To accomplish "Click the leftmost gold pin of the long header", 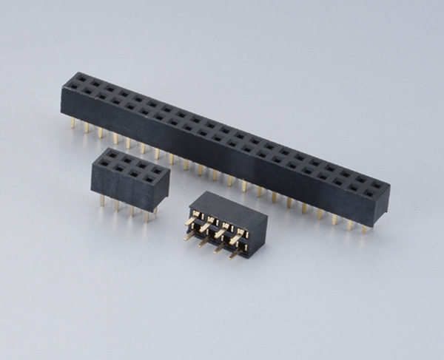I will click(x=72, y=123).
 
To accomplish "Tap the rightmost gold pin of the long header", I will click(x=364, y=228).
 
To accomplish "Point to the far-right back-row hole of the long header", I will click(x=377, y=185).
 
